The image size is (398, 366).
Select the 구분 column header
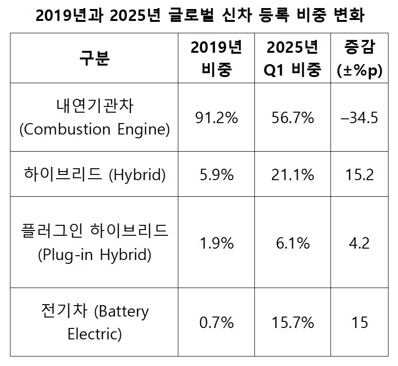pyautogui.click(x=94, y=58)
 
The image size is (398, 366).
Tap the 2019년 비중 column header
pyautogui.click(x=216, y=58)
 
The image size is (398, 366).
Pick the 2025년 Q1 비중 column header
pyautogui.click(x=293, y=58)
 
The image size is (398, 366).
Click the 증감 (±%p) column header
pyautogui.click(x=359, y=58)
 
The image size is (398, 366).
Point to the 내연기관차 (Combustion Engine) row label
pyautogui.click(x=94, y=117)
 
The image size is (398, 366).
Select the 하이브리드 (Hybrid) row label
pyautogui.click(x=94, y=175)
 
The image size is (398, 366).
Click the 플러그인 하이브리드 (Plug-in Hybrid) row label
pyautogui.click(x=94, y=242)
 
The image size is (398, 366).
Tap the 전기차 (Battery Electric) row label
pyautogui.click(x=94, y=322)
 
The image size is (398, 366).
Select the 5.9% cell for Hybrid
pyautogui.click(x=216, y=175)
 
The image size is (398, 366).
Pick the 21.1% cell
pyautogui.click(x=293, y=175)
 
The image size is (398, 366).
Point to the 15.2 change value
pyautogui.click(x=359, y=175)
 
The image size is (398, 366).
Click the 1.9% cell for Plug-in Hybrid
pyautogui.click(x=216, y=243)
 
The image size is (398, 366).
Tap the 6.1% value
pyautogui.click(x=293, y=243)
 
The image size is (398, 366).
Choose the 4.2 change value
pyautogui.click(x=359, y=243)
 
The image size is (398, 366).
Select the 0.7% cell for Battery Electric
pyautogui.click(x=216, y=323)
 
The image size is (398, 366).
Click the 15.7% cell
pyautogui.click(x=293, y=323)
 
